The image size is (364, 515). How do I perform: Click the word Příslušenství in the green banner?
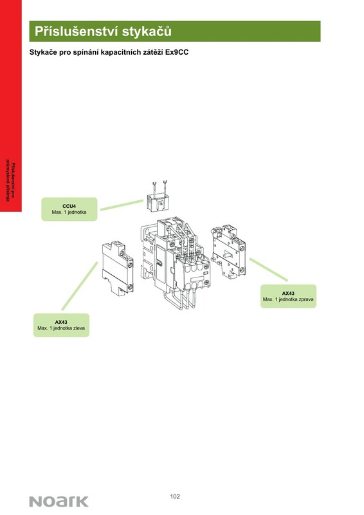click(x=77, y=32)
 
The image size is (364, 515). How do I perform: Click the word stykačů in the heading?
click(x=147, y=32)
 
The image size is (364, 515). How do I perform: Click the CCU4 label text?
click(x=69, y=206)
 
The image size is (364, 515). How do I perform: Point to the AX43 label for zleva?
click(x=61, y=322)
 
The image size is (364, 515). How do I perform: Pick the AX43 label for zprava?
click(x=288, y=294)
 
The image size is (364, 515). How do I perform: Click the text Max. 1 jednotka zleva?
click(x=61, y=328)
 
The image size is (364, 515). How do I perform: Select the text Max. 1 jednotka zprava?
click(x=288, y=299)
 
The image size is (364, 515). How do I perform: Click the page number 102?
click(x=175, y=496)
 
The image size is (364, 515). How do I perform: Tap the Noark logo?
click(x=59, y=501)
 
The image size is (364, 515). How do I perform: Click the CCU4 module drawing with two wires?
click(x=158, y=197)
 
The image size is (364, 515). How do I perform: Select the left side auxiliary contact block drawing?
click(x=118, y=268)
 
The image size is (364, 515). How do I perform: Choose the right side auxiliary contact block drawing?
click(x=229, y=251)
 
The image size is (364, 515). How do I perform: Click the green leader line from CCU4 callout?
click(x=122, y=205)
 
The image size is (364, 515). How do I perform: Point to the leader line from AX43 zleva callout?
click(x=80, y=286)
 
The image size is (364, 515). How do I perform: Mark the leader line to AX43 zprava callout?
click(x=268, y=269)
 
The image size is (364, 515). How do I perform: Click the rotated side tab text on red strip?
click(x=10, y=182)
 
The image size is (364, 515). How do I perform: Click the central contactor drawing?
click(x=175, y=263)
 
